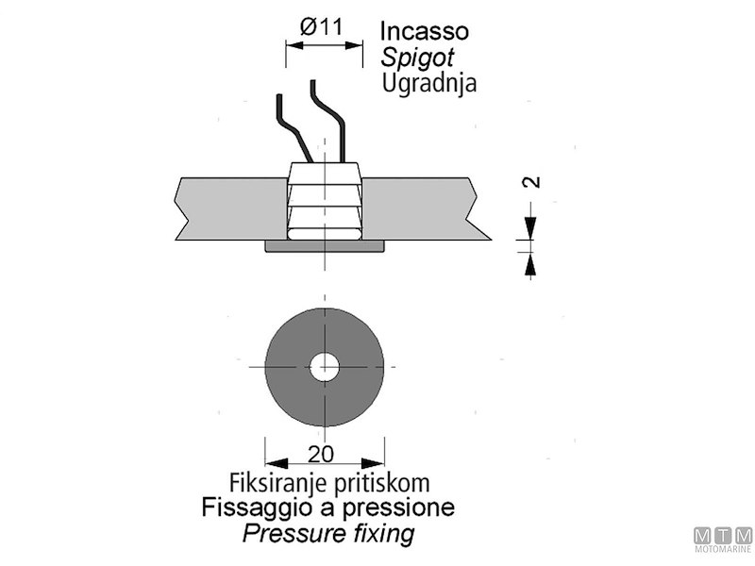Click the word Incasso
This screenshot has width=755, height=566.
pos(425,30)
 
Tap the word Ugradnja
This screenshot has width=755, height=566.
pos(429,82)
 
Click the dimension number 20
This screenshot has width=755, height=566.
pos(321,454)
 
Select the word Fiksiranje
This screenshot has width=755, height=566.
pos(274,482)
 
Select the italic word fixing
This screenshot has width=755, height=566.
pos(380,534)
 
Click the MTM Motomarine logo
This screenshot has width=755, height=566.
pos(723,540)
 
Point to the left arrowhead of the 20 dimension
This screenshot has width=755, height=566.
pos(274,462)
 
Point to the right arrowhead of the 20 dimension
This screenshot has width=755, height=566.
pos(378,462)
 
